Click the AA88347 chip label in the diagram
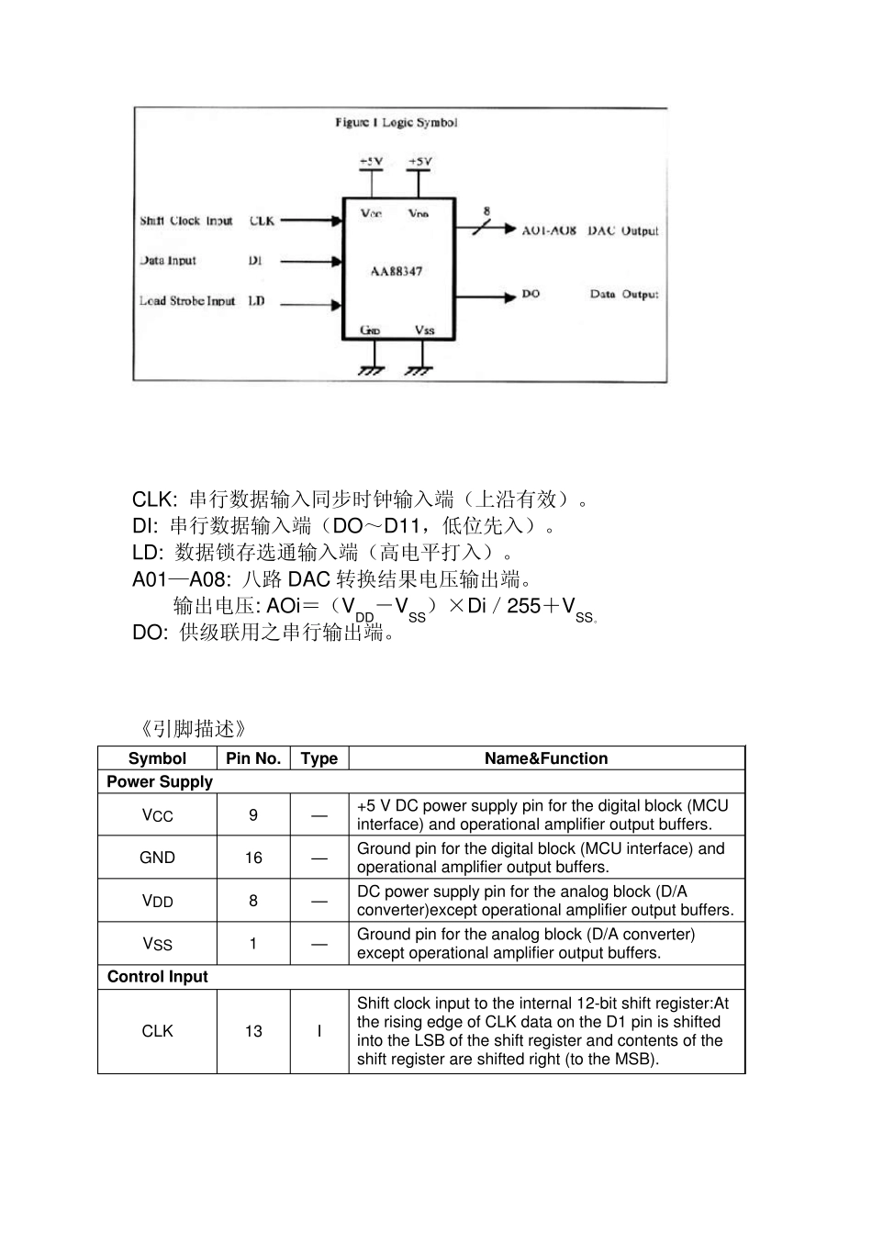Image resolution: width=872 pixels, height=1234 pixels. (x=397, y=271)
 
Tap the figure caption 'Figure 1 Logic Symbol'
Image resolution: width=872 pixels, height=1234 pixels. (x=396, y=122)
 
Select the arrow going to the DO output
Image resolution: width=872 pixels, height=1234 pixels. (x=486, y=297)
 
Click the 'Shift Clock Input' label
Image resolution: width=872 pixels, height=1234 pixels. (x=186, y=220)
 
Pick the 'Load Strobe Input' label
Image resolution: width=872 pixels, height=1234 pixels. (x=187, y=300)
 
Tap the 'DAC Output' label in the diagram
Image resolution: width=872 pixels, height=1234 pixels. (x=623, y=230)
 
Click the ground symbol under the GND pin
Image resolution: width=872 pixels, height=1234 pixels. (x=370, y=370)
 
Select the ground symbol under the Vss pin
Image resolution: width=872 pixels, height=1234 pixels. (x=419, y=370)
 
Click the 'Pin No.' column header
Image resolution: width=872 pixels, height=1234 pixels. (x=253, y=758)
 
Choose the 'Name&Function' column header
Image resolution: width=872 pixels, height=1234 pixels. (x=546, y=758)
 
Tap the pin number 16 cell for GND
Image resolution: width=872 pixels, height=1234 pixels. (x=253, y=858)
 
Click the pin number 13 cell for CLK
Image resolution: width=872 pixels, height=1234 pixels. (x=253, y=1031)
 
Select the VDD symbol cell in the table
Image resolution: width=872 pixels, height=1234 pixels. (x=157, y=901)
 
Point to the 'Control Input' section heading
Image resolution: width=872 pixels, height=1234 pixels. (x=158, y=977)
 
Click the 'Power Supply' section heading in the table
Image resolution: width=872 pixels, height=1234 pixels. (x=160, y=781)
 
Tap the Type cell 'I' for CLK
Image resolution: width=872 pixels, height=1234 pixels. (x=319, y=1031)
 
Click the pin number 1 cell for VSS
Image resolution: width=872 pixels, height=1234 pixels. (x=253, y=944)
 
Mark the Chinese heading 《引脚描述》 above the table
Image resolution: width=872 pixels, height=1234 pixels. (x=194, y=729)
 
